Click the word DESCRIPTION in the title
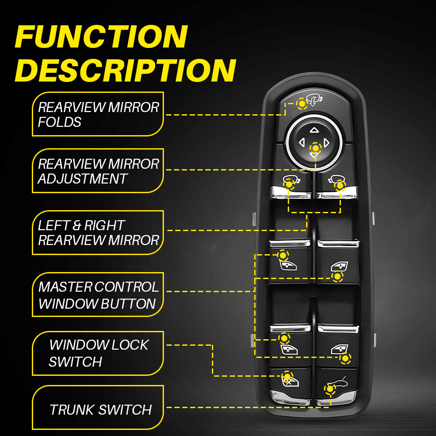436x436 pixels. coord(125,70)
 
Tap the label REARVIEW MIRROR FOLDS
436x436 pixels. coord(99,114)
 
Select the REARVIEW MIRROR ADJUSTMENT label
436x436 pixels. coord(99,171)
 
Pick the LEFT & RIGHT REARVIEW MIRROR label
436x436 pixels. coord(99,233)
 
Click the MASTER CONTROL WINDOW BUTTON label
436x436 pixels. coord(99,295)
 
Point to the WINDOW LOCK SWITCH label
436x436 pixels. coord(99,353)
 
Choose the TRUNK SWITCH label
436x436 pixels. coord(100,410)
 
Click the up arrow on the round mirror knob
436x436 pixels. coord(314,129)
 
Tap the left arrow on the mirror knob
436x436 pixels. coord(301,142)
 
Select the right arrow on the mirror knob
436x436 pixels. coord(327,142)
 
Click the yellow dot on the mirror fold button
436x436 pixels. coord(302,104)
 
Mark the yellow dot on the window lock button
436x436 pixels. coord(286,376)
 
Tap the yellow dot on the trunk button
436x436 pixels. coord(330,388)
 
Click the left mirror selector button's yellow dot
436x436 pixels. coord(289,184)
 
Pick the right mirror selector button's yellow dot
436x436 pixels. coord(340,186)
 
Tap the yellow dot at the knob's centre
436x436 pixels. coord(315,148)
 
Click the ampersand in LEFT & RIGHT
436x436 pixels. coord(77,225)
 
